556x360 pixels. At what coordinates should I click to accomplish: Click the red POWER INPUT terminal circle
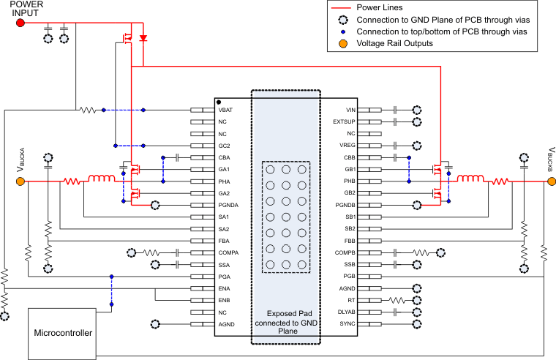point(20,23)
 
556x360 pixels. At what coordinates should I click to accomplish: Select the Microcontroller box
point(64,333)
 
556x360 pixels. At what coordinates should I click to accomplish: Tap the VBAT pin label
point(226,110)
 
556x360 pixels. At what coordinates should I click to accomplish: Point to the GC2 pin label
point(224,146)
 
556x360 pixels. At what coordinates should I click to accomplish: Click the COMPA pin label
point(228,252)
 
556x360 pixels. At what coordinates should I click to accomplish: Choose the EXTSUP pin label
point(344,121)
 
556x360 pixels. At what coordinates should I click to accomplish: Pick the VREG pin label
point(347,146)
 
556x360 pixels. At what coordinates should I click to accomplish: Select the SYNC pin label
point(347,323)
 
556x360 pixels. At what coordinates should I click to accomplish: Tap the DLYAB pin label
point(345,312)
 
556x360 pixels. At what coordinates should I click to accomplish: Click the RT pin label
point(351,300)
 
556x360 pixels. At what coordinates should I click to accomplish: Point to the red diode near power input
point(143,37)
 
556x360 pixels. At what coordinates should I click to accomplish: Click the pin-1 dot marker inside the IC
point(219,102)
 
